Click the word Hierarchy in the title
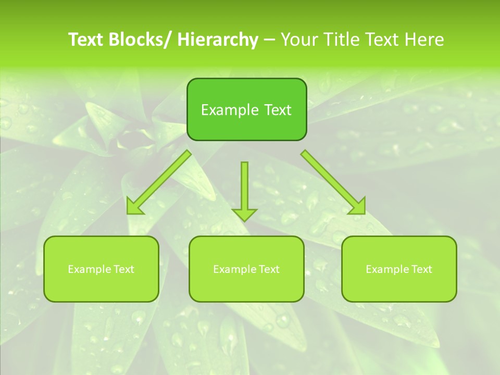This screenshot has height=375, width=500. click(218, 40)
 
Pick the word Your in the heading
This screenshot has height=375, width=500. click(300, 40)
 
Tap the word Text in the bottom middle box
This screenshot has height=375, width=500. click(268, 269)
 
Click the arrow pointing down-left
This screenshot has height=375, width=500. click(159, 182)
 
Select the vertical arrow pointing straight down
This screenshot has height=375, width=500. click(244, 187)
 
